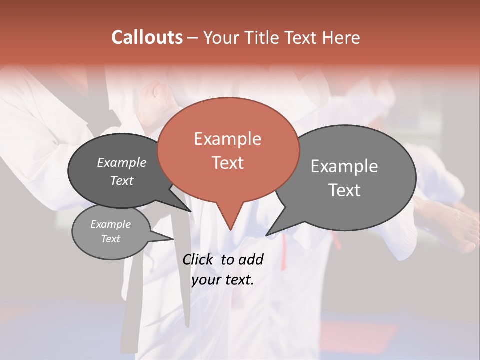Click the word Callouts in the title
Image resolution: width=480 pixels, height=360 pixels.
pyautogui.click(x=147, y=37)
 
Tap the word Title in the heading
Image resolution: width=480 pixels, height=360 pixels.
pyautogui.click(x=263, y=37)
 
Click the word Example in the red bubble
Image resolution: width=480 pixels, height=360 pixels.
pyautogui.click(x=227, y=139)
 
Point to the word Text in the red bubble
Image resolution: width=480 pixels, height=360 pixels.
pyautogui.click(x=227, y=163)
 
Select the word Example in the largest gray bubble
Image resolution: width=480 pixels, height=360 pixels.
pyautogui.click(x=344, y=166)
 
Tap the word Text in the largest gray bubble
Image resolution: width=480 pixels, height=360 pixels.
pyautogui.click(x=344, y=190)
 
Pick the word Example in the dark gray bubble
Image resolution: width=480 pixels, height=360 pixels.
pyautogui.click(x=121, y=162)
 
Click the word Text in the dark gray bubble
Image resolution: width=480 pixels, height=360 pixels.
pyautogui.click(x=121, y=180)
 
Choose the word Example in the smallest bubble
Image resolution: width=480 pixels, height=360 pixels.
pyautogui.click(x=110, y=224)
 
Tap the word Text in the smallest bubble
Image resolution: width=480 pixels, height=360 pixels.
pyautogui.click(x=110, y=238)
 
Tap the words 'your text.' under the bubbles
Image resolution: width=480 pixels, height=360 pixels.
pyautogui.click(x=222, y=280)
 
